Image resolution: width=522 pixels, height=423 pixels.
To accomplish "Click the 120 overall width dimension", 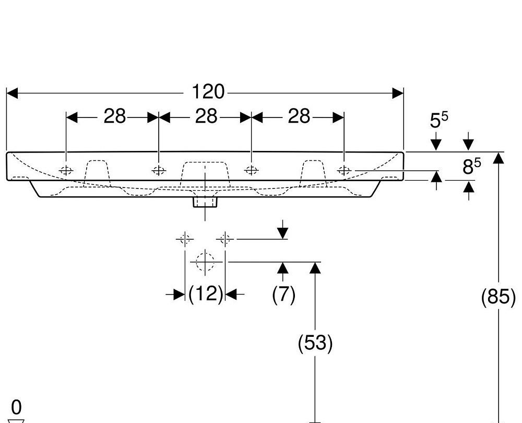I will (208, 92).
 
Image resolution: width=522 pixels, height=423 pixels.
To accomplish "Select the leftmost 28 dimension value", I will (115, 116).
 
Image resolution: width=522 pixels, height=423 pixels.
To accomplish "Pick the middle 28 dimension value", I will (206, 116).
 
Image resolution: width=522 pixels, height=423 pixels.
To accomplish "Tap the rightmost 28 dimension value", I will (299, 116).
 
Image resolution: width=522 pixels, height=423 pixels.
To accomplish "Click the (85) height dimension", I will (498, 297).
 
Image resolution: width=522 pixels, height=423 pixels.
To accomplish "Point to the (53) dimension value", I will (315, 343).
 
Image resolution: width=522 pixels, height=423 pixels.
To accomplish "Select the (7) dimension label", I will (283, 295).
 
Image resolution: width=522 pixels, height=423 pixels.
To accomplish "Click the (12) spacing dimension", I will (206, 294).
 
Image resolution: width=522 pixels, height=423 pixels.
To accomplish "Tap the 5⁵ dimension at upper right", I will (438, 121).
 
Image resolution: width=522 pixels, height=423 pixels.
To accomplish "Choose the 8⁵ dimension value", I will (471, 167).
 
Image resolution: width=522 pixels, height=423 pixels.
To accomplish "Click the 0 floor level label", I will (16, 407).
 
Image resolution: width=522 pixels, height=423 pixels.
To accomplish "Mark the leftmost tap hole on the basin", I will (66, 170).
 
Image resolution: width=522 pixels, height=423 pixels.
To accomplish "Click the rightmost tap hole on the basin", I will (344, 170).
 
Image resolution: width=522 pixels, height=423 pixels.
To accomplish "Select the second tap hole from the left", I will (159, 170).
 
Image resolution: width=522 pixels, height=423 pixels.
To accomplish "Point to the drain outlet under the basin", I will (205, 201).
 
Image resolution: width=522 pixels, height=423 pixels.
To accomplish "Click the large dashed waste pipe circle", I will (206, 261).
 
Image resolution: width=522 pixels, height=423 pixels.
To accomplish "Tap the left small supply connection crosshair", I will (184, 239).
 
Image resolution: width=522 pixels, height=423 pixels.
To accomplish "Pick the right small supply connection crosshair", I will (226, 239).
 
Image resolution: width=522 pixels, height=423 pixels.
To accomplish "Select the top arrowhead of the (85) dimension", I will (499, 158).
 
